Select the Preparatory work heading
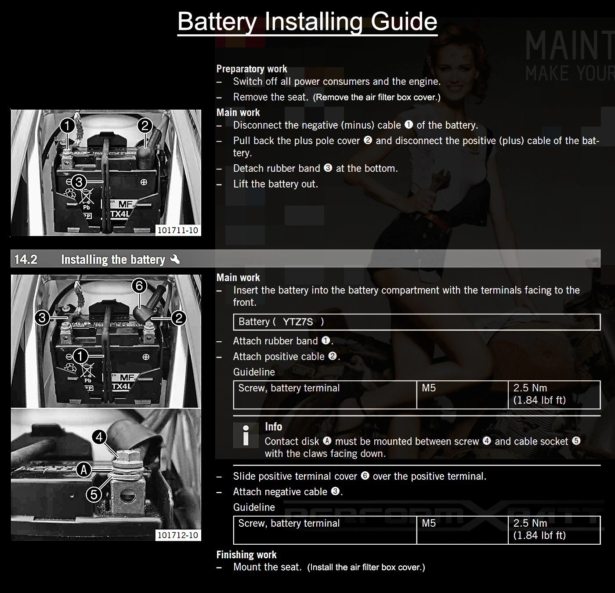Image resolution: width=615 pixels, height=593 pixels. (x=252, y=69)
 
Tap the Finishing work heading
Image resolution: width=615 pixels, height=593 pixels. (x=246, y=555)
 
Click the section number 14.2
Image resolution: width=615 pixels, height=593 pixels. (x=26, y=260)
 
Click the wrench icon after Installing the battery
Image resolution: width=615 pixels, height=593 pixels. (x=175, y=259)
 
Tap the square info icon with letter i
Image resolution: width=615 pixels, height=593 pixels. (x=246, y=435)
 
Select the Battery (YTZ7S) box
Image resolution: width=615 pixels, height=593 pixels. (x=416, y=322)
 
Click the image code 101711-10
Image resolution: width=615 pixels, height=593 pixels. (x=177, y=230)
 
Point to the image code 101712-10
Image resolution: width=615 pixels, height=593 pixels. (x=177, y=535)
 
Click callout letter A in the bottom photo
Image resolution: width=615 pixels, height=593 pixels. (x=84, y=470)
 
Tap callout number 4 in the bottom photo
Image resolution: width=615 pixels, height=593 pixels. (x=100, y=437)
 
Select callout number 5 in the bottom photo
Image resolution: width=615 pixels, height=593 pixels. (x=94, y=495)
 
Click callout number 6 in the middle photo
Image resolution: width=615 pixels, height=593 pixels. (x=139, y=286)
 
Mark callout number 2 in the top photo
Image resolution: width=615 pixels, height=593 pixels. (x=145, y=126)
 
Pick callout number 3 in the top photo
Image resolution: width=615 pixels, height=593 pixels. (x=79, y=182)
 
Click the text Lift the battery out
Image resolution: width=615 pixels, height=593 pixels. (x=275, y=184)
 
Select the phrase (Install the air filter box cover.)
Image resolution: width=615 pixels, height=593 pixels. (x=366, y=568)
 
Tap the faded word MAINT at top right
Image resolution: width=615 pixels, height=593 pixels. (x=569, y=46)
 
